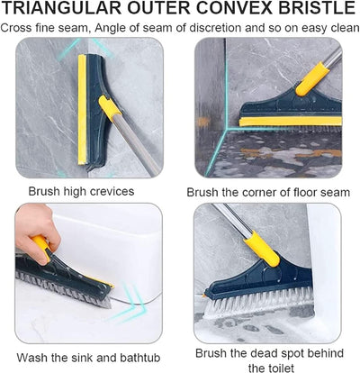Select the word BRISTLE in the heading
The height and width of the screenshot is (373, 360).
click(x=307, y=9)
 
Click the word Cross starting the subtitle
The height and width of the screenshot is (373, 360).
click(x=19, y=27)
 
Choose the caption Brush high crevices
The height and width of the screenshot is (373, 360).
click(x=81, y=191)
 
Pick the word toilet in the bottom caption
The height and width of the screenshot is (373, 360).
click(x=270, y=366)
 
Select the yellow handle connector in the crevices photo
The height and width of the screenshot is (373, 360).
click(x=111, y=112)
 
